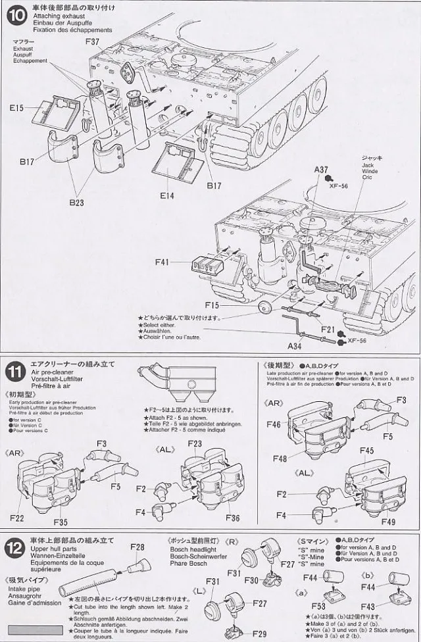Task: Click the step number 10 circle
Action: click(14, 15)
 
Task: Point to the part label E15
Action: click(18, 107)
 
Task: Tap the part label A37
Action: click(321, 169)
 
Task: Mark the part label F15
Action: click(212, 305)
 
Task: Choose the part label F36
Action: click(232, 517)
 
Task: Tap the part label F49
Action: click(388, 523)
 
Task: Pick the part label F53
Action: click(320, 605)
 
